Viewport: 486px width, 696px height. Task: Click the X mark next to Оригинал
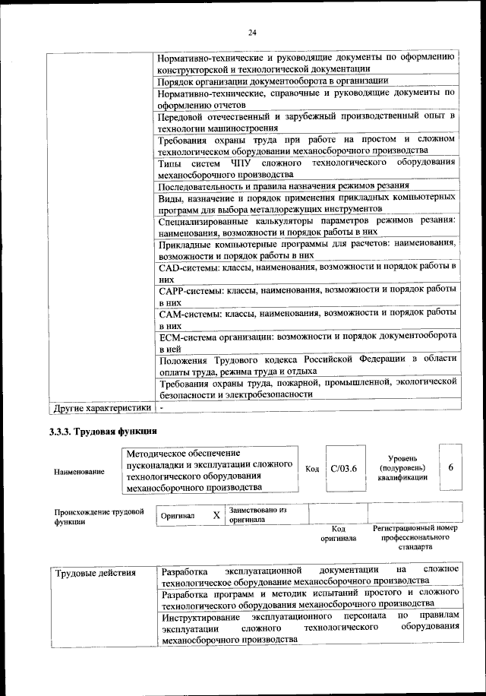tap(216, 515)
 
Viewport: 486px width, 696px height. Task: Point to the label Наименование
tap(79, 472)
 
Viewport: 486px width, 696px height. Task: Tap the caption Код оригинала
tap(338, 533)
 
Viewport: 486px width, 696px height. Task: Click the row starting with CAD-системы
tap(307, 273)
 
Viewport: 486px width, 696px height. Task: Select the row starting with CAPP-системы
tap(307, 296)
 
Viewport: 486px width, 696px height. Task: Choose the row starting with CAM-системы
tap(307, 318)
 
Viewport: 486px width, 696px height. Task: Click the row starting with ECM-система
tap(307, 341)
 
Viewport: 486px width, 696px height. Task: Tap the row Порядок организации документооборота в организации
tap(273, 81)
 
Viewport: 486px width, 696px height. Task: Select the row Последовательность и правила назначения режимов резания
tap(283, 186)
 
